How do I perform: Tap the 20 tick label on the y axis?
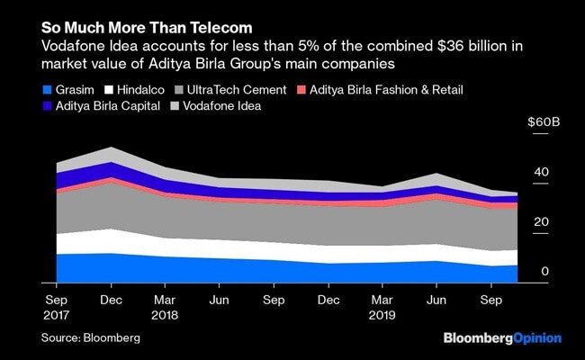click(x=540, y=222)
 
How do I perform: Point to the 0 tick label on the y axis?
click(x=544, y=272)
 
